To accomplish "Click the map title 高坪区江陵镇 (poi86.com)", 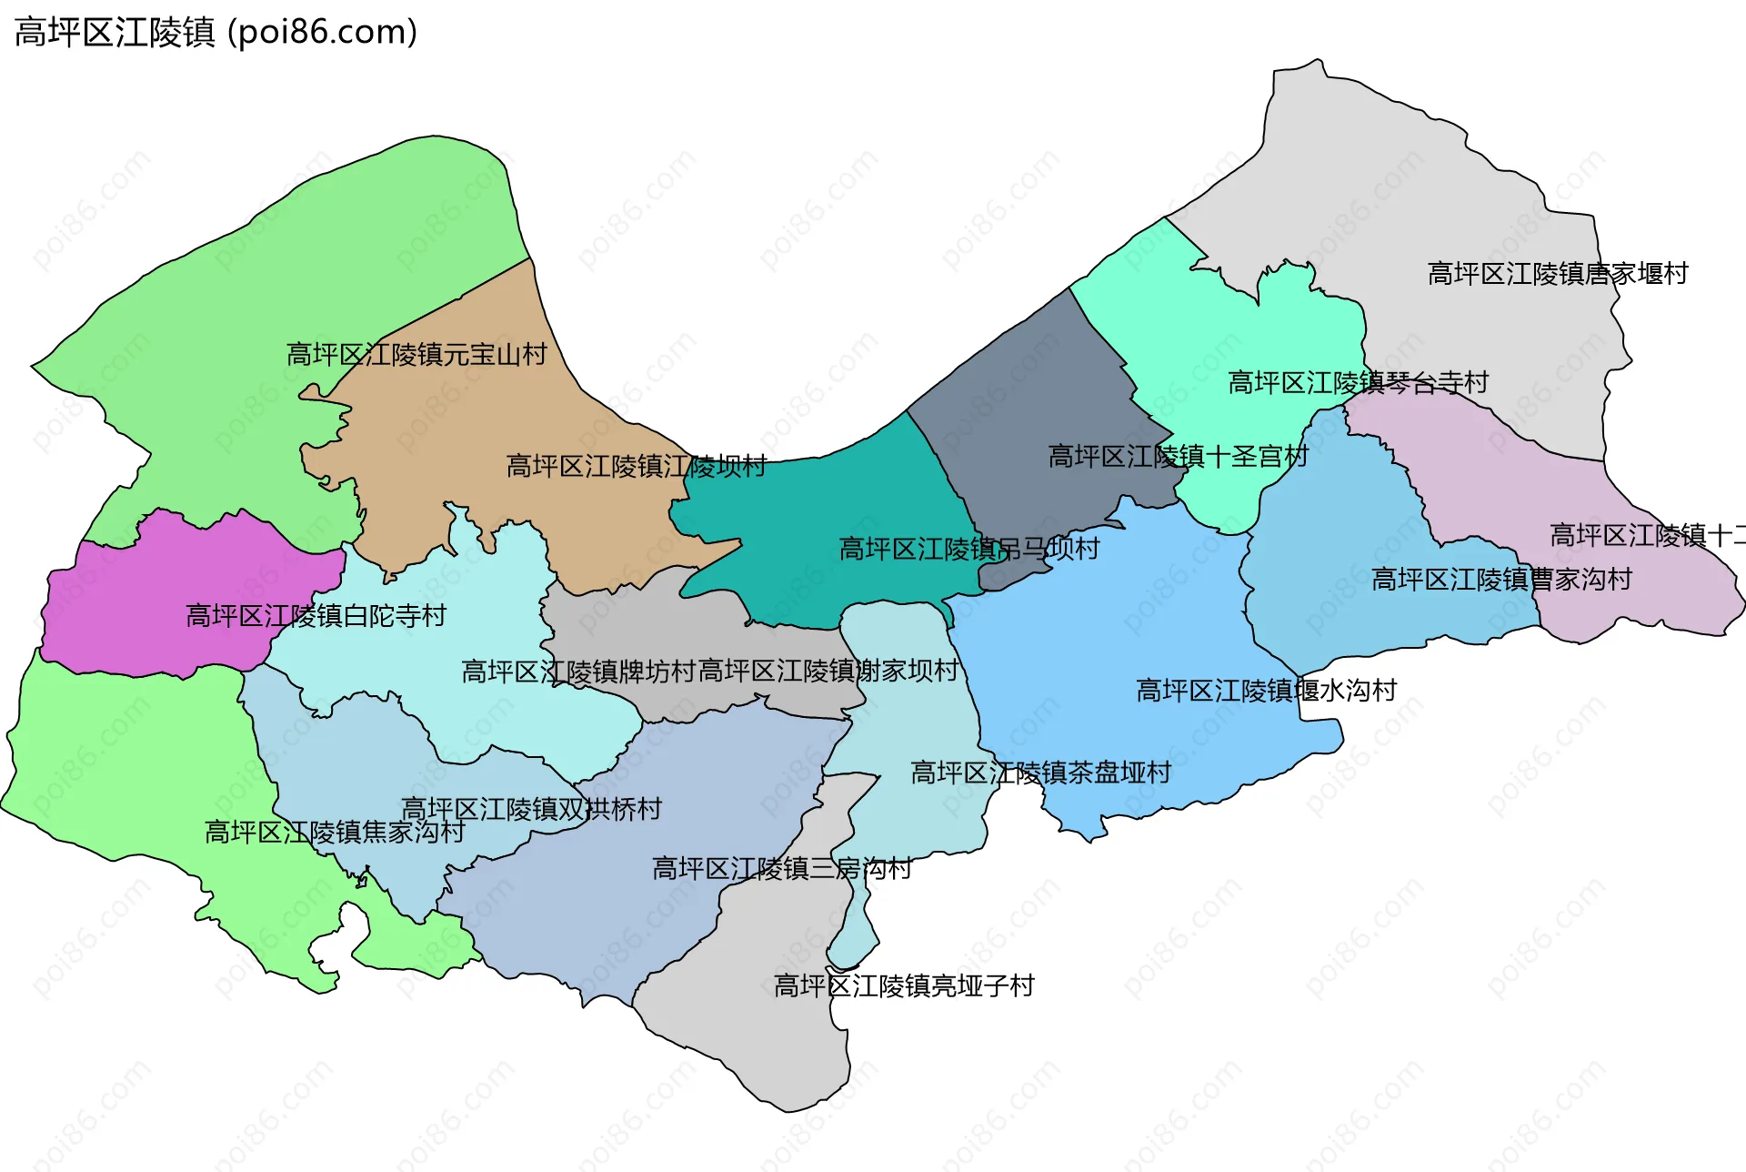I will point(216,33).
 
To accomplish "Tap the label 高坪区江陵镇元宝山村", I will point(416,354).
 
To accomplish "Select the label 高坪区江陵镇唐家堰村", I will point(1557,273).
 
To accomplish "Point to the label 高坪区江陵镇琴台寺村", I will point(1358,382).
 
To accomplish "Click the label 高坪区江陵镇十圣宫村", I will point(1178,456).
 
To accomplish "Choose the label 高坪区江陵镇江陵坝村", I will point(636,466).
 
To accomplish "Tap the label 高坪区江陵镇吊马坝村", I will point(968,549).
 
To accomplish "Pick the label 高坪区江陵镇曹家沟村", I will point(1500,579).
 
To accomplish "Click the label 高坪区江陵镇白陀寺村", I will point(316,616).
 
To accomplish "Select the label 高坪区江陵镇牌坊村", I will point(578,672).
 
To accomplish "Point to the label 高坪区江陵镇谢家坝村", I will point(828,671).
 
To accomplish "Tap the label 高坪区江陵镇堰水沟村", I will point(1266,690).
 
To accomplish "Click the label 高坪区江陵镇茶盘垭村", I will point(1040,773).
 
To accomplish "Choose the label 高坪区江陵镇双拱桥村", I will point(531,808).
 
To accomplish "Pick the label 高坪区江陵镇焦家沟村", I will point(335,832).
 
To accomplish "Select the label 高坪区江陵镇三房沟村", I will point(781,868).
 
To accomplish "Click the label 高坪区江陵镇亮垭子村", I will point(903,985).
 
